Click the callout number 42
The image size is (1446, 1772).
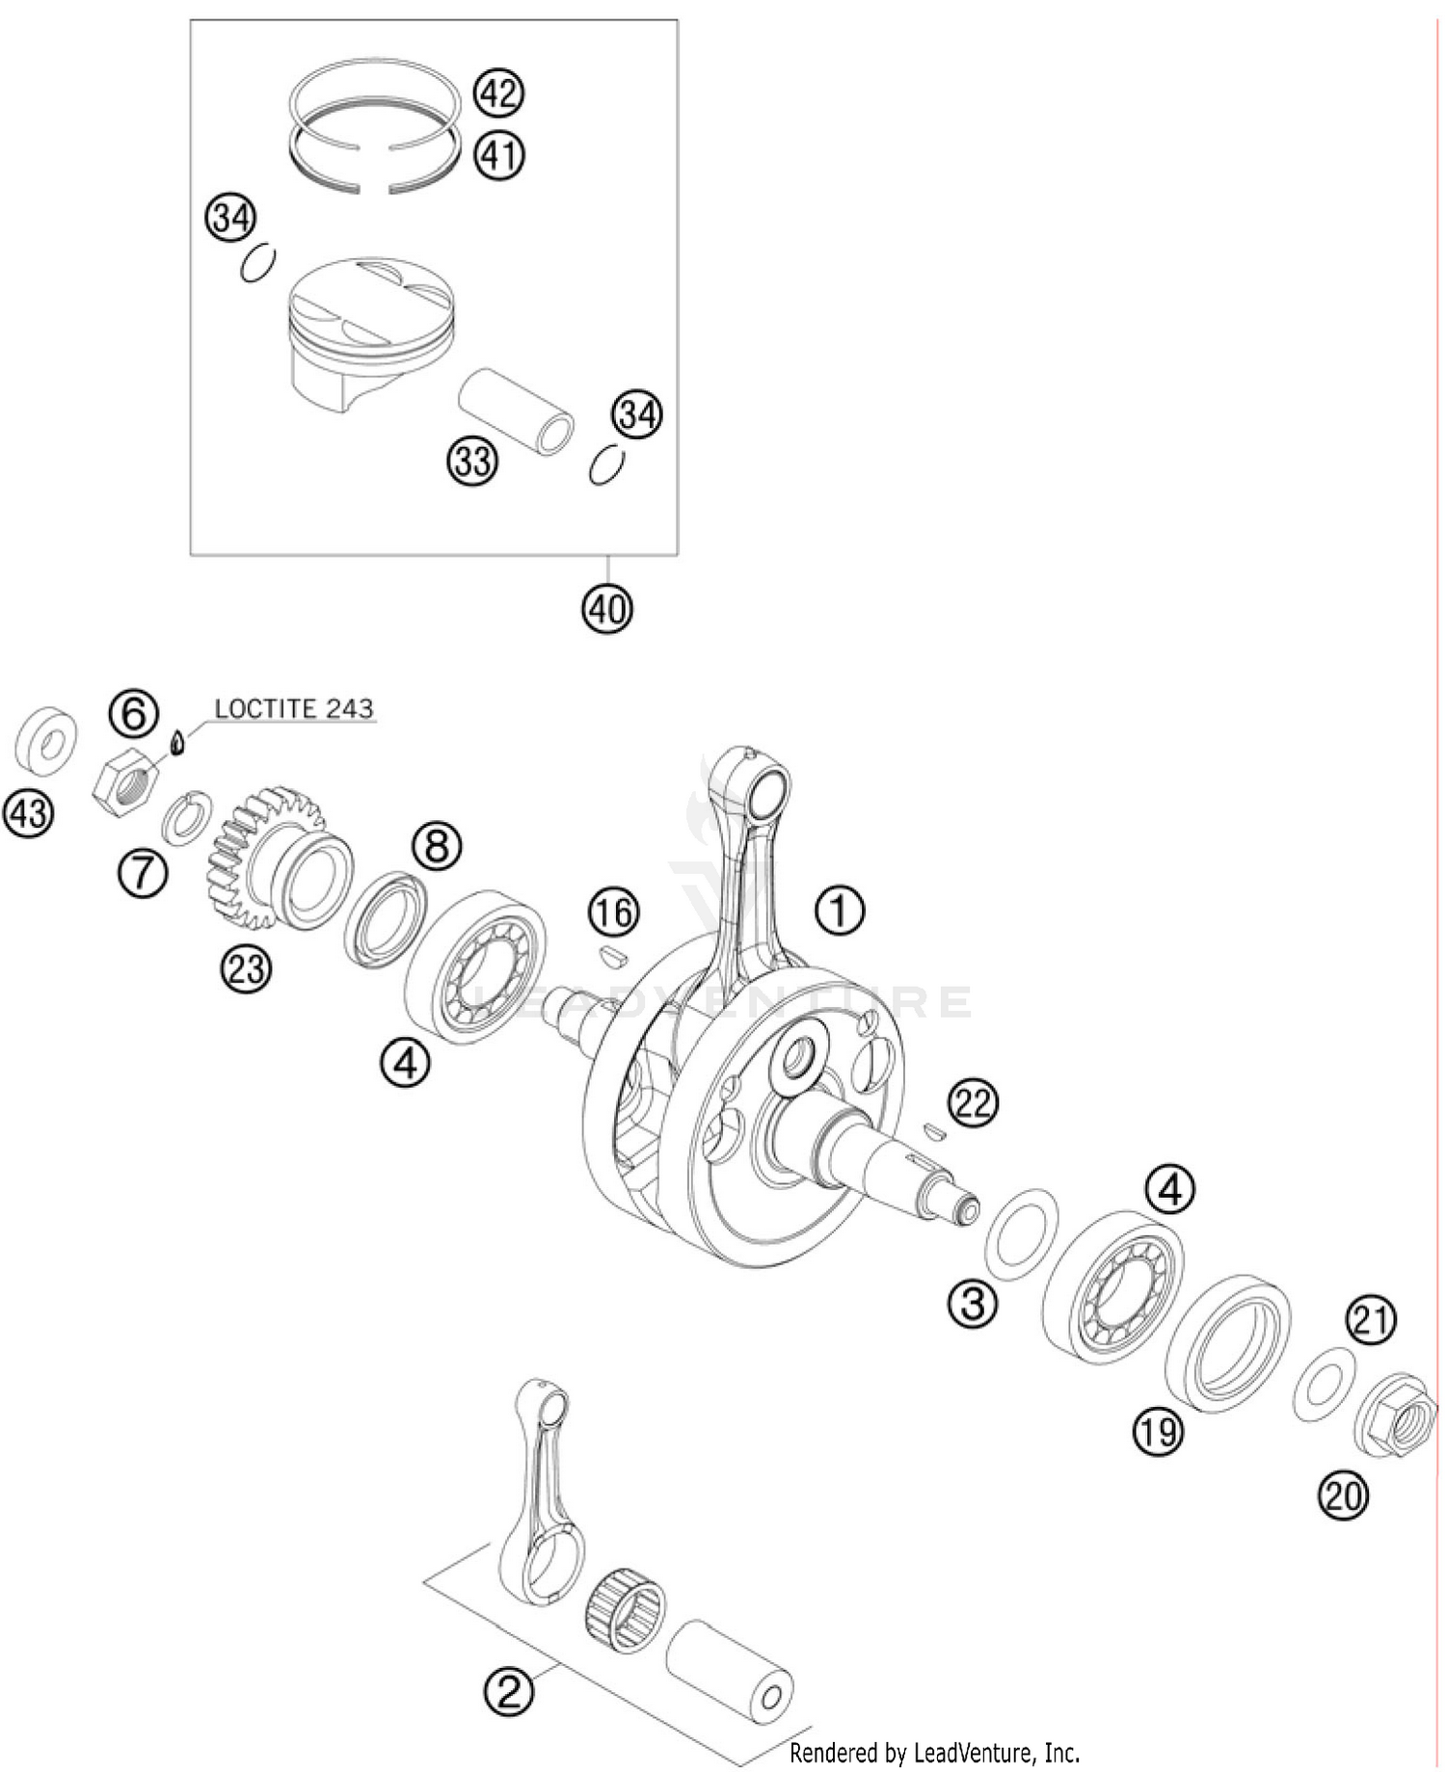(x=498, y=94)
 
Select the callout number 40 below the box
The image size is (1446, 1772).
(x=607, y=609)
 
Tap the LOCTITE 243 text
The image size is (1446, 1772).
(x=293, y=709)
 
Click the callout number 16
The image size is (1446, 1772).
(x=615, y=912)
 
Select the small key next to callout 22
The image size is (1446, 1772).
(x=932, y=1130)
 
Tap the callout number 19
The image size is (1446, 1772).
(x=1158, y=1431)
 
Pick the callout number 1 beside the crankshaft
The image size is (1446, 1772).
(x=841, y=909)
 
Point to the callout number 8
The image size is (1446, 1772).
(x=437, y=847)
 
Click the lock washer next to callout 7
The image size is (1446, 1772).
(x=190, y=817)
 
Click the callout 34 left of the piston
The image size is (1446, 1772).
(x=229, y=220)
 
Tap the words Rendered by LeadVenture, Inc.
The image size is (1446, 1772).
(x=934, y=1751)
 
